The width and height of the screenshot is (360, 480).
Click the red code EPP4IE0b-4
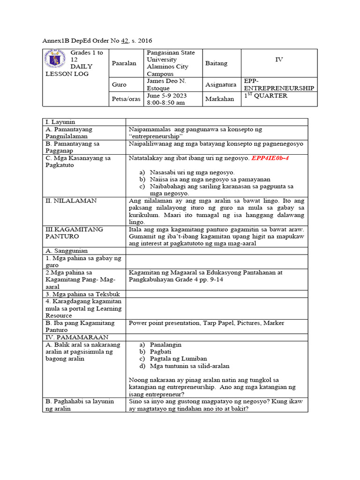270,158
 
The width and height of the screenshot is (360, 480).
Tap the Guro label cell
120,85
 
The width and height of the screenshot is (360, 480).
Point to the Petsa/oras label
127,99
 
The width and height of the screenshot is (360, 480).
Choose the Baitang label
216,63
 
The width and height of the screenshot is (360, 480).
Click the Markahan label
219,99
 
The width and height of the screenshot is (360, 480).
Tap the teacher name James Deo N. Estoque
166,84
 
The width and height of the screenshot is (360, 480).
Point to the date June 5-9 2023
167,96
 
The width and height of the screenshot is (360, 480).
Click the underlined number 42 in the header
125,41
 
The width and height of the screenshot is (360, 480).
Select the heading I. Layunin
60,122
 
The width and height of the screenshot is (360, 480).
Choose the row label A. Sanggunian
67,251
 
